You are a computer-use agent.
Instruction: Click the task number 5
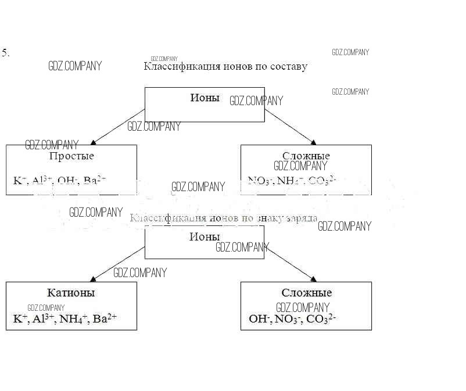click(5, 53)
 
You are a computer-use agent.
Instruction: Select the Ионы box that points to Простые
click(204, 105)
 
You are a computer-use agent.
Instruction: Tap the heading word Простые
click(71, 156)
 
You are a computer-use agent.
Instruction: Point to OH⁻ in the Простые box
click(67, 181)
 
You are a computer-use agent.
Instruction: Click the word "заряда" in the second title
click(300, 218)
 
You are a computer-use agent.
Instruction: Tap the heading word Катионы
click(71, 293)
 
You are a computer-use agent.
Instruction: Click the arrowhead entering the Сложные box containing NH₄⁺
click(313, 142)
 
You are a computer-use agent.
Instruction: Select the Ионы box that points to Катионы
click(204, 242)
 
